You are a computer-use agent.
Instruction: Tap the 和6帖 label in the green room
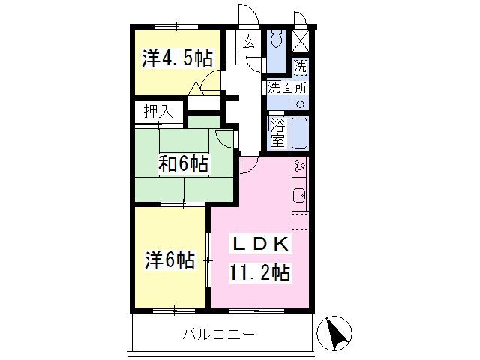coord(183,163)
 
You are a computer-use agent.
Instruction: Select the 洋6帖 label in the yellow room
coord(170,260)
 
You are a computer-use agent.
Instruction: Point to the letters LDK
coord(259,245)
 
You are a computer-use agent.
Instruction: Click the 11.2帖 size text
coord(259,272)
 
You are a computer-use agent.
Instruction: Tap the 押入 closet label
coord(158,112)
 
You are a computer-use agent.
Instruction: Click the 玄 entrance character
coord(248,41)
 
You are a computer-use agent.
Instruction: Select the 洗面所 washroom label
coord(287,86)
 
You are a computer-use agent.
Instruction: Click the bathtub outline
coord(298,133)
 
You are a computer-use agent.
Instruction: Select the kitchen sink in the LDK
coord(298,196)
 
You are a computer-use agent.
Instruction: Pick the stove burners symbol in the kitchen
coord(299,166)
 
